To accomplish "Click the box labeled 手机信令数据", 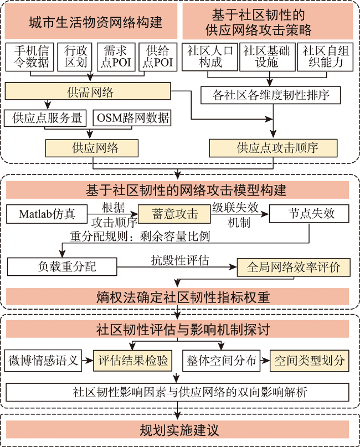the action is tap(30, 56).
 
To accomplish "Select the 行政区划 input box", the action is tap(75, 56).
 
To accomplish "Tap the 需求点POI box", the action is tap(116, 56).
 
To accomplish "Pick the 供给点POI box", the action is tap(158, 56).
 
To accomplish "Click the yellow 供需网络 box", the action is tap(88, 91).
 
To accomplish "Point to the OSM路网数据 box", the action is tap(132, 118).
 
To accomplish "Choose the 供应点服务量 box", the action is tap(45, 118).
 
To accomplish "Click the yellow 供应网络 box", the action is tap(92, 148).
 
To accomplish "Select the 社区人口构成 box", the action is tap(210, 56).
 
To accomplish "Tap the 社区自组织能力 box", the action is tap(325, 56).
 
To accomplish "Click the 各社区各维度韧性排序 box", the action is tap(271, 95).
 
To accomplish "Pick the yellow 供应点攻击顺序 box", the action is tap(274, 148).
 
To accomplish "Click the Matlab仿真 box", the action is tap(47, 214).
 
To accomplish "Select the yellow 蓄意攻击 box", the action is tap(174, 214).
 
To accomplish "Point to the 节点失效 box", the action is tap(309, 213).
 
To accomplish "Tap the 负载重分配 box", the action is tap(62, 267).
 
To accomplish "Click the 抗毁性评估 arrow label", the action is tap(180, 260).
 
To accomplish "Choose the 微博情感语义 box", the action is tap(43, 361).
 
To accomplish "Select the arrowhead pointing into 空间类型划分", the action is tap(266, 361).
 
